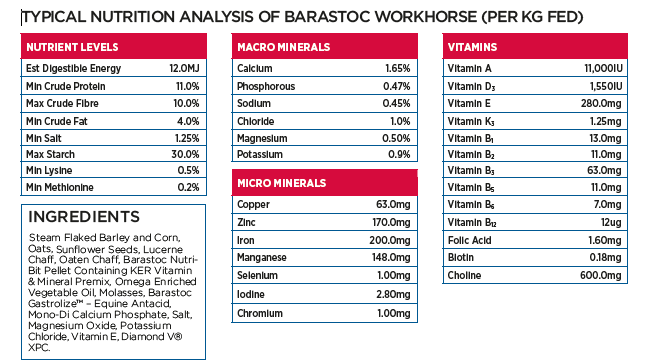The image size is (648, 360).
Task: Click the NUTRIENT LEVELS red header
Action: pos(72,47)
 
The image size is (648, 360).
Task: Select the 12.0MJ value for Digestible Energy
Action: pos(185,68)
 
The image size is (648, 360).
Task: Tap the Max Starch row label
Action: pos(50,153)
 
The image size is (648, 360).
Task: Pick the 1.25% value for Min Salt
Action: pos(186,136)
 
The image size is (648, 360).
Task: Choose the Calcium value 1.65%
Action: pos(397,68)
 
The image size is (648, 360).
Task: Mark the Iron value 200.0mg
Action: pos(390,241)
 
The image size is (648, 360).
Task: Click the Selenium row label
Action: pos(259,275)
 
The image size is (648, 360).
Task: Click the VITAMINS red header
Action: pos(475,47)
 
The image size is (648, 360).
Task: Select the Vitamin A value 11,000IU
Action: pos(603,68)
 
